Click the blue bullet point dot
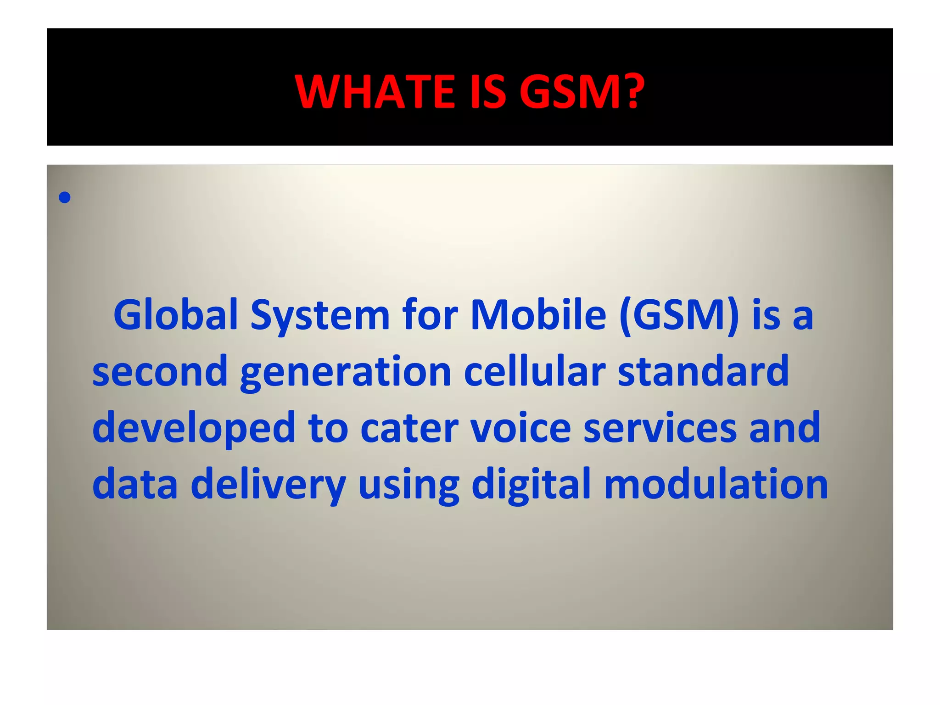coord(65,198)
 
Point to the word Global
coord(175,315)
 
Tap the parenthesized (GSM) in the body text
coord(679,316)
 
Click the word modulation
coord(716,485)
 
